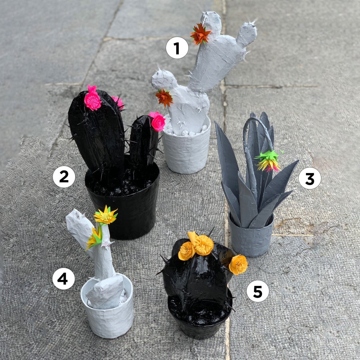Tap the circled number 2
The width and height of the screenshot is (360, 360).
64,177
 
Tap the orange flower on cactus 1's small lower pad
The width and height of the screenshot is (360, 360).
164,97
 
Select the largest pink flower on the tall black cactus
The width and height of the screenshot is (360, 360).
93,100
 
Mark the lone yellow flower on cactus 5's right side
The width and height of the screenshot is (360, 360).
238,264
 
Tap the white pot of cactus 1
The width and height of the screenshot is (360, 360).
186,153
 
